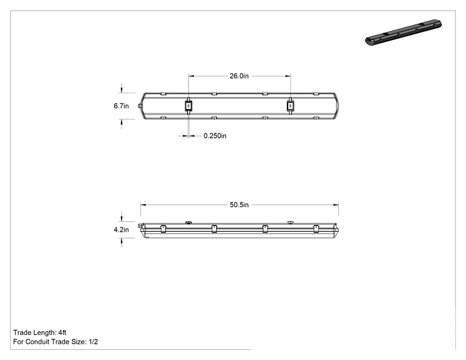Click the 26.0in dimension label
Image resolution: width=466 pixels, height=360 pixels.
[239, 76]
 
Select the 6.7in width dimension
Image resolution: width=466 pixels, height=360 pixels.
[122, 106]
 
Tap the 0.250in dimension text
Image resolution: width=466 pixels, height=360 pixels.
[215, 136]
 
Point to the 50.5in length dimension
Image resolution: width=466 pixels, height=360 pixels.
[239, 205]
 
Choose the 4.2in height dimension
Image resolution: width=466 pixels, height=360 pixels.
[122, 230]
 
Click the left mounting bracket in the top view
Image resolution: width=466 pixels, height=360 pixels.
[189, 106]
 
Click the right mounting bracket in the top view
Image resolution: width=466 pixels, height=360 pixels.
[291, 106]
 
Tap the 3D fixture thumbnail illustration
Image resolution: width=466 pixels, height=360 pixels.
[403, 32]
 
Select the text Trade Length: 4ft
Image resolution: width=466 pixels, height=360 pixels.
[39, 332]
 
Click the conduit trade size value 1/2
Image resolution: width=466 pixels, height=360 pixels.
[93, 342]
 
